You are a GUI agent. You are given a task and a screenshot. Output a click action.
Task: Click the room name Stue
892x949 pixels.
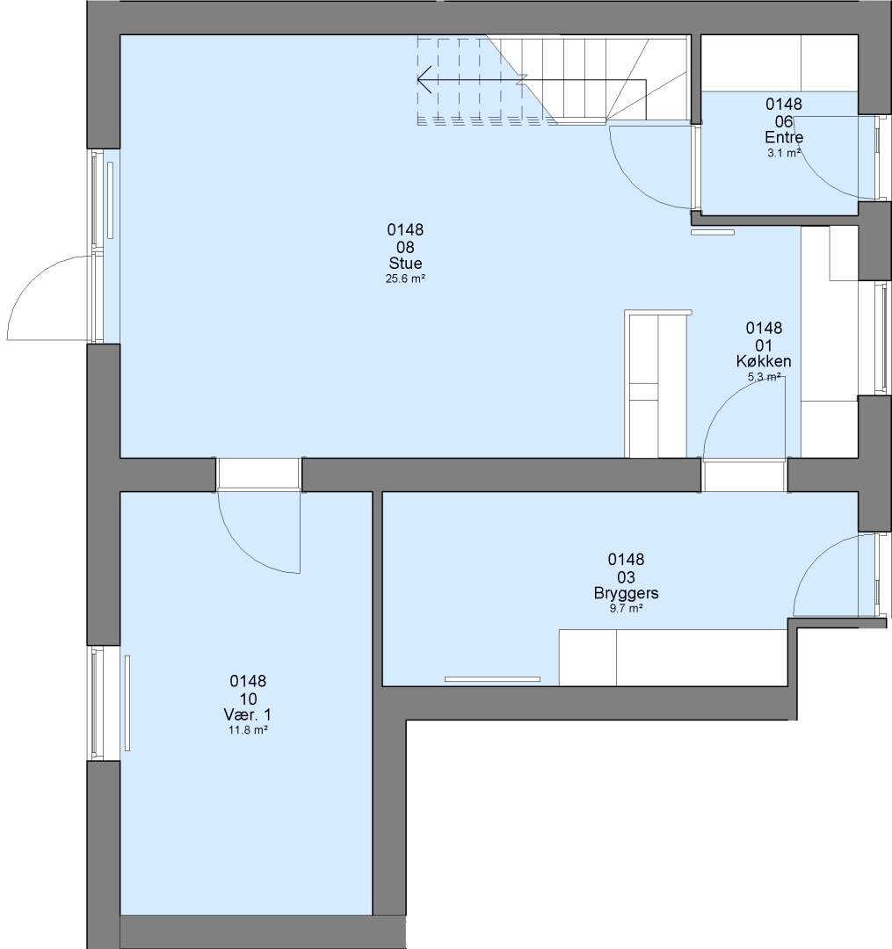tap(405, 264)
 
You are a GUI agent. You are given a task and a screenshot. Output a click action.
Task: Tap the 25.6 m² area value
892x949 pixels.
tap(405, 279)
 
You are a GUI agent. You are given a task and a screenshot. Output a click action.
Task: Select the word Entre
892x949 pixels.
tap(784, 137)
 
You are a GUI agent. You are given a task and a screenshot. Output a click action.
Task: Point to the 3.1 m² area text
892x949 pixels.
tap(784, 153)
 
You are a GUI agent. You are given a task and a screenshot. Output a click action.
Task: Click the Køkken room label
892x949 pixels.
tap(764, 361)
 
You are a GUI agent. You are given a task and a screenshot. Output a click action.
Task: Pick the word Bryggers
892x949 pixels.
tap(626, 593)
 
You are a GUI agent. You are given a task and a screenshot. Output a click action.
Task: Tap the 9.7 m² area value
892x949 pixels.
tap(626, 608)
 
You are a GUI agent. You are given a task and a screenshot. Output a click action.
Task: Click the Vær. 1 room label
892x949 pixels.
tap(248, 714)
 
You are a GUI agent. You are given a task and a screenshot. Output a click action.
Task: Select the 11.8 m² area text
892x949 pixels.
tap(248, 730)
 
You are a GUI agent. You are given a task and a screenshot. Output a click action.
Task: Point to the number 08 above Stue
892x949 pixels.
tap(405, 247)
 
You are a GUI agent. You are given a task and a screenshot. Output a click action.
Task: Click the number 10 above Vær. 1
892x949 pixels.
tap(248, 699)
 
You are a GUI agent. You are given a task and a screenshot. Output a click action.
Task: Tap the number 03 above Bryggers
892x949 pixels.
tap(626, 576)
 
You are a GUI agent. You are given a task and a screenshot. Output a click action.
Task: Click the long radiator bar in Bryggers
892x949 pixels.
tap(492, 679)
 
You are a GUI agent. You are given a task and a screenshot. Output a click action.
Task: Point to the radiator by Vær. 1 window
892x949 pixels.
tap(127, 703)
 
